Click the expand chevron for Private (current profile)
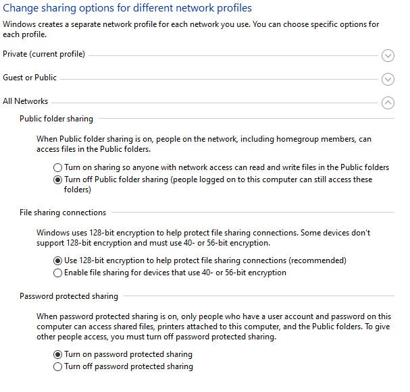[388, 55]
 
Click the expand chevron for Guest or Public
[388, 79]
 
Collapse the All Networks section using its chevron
[388, 103]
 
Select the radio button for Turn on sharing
[57, 167]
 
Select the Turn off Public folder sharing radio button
[57, 180]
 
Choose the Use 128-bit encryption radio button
[57, 260]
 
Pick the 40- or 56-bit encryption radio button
[57, 273]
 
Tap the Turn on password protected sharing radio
[57, 354]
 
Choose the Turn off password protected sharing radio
[57, 367]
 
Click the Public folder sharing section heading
[57, 119]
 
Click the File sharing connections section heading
[63, 213]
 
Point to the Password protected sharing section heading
[69, 296]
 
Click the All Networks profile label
[26, 101]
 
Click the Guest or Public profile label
[30, 78]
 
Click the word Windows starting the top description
[19, 24]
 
